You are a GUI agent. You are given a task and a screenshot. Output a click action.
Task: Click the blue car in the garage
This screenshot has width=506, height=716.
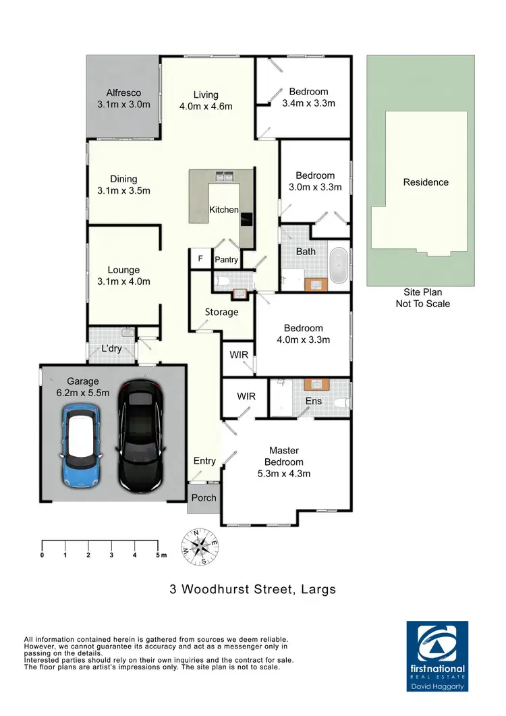[82, 446]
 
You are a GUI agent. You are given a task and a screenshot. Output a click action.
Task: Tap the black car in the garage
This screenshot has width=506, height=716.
[140, 435]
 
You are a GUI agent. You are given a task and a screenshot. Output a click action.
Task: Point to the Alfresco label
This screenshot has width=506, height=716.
[123, 92]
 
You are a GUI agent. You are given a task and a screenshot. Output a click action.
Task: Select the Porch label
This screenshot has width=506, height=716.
[204, 497]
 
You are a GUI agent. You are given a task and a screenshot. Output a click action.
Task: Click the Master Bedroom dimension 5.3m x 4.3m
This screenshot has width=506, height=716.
[284, 473]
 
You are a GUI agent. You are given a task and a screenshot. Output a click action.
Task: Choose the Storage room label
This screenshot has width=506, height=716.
[222, 312]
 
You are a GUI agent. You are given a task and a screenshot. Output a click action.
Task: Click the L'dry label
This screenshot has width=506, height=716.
[111, 349]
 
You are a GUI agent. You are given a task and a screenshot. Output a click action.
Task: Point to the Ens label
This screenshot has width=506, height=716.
[314, 401]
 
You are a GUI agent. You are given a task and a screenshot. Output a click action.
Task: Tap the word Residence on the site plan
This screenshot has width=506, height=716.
[426, 182]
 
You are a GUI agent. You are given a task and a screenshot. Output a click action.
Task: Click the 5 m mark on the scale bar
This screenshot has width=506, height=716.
[159, 555]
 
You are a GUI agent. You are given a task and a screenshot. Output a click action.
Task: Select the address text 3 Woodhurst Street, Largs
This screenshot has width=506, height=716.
[252, 590]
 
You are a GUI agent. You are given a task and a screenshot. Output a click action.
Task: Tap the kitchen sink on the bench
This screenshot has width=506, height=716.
[225, 177]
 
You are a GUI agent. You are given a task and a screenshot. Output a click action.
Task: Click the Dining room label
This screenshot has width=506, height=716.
[123, 179]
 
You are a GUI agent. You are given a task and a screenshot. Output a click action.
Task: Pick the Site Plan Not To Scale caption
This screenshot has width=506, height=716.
[422, 298]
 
